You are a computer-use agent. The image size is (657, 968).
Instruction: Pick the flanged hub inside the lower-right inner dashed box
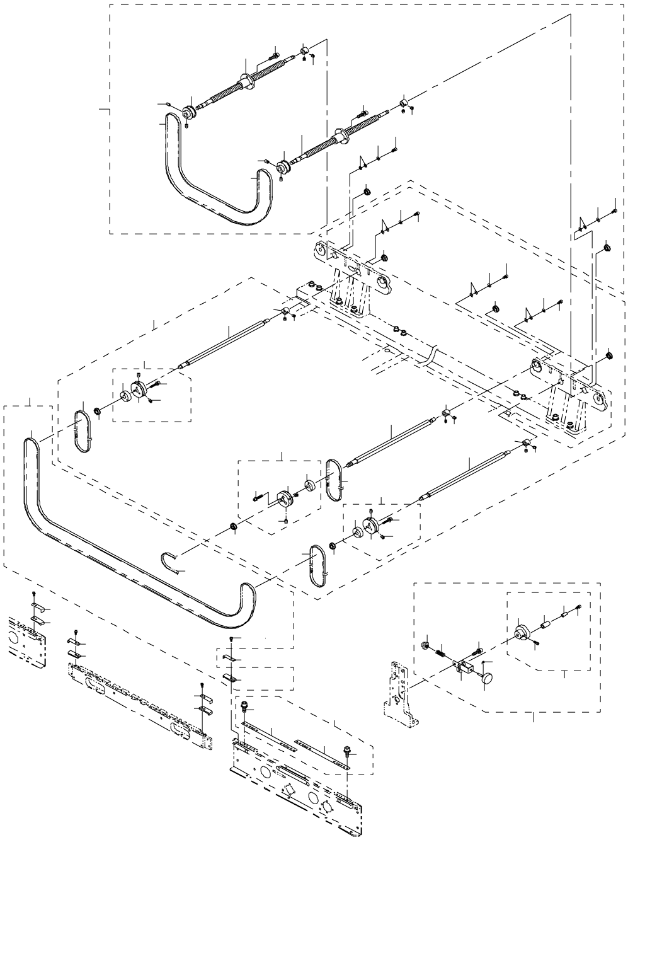[x=521, y=632]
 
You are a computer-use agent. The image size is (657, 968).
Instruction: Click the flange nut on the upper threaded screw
[x=246, y=81]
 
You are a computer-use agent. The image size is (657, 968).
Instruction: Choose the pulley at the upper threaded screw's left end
[x=187, y=113]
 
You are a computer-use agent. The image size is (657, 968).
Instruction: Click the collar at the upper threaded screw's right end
[x=303, y=50]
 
